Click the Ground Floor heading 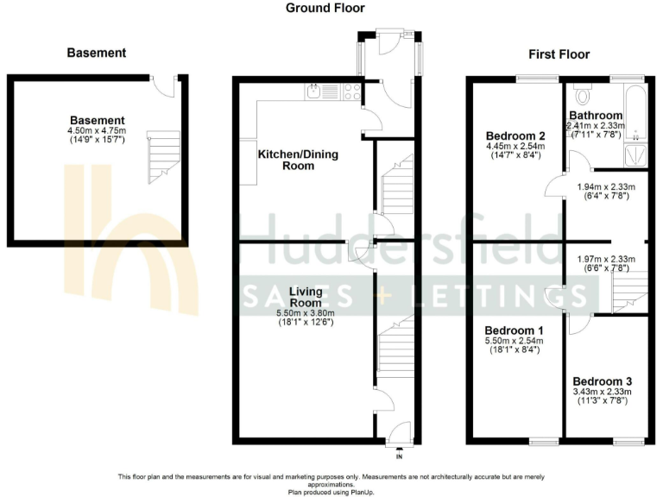click(325, 8)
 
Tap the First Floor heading click(559, 54)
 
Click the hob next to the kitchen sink click(351, 90)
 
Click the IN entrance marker click(399, 456)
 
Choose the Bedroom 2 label click(515, 135)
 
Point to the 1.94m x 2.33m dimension click(606, 186)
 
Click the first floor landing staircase click(628, 293)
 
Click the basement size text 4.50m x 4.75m click(97, 130)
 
